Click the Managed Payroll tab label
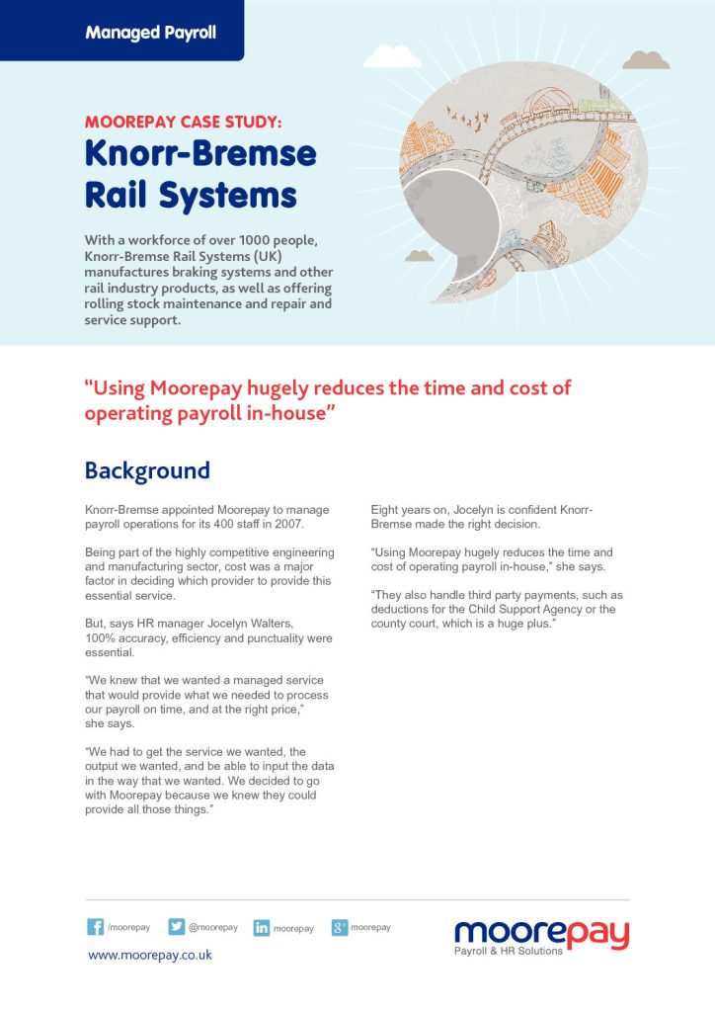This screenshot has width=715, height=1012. tap(150, 33)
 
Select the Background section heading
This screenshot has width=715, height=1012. tap(147, 470)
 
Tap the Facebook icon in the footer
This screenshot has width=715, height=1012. tap(96, 927)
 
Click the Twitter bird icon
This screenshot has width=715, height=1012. tap(177, 927)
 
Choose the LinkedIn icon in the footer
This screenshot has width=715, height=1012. tap(262, 928)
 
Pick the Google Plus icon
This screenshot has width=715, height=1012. tap(340, 927)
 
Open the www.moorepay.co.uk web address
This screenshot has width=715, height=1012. tap(150, 956)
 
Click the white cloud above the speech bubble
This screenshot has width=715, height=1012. tap(393, 56)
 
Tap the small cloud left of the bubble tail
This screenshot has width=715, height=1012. tap(420, 255)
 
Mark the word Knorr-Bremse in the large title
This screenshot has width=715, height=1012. tap(200, 155)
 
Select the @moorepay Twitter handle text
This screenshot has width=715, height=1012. tap(213, 928)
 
